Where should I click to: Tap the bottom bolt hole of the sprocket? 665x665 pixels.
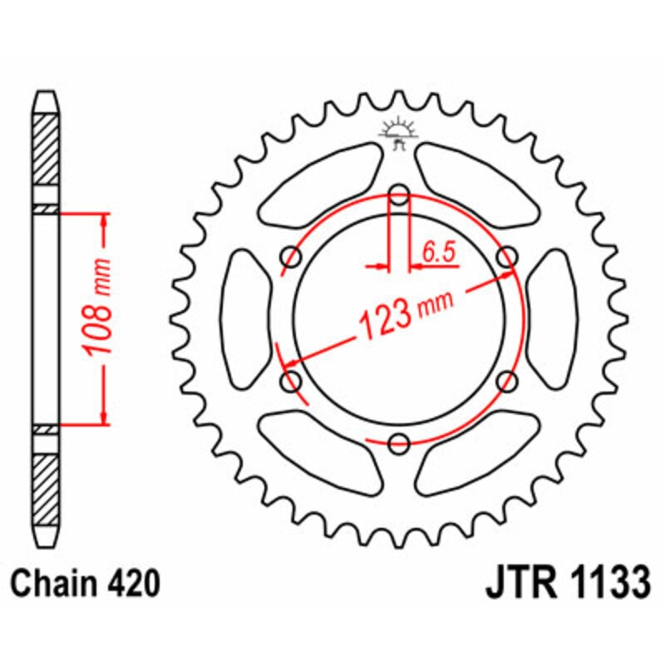click(400, 442)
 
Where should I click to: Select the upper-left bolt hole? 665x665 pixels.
click(293, 258)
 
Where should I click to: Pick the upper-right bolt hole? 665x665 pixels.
click(506, 258)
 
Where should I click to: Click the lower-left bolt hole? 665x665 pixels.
click(293, 382)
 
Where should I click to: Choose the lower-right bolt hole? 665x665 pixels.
click(506, 382)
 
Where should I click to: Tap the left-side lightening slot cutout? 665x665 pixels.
click(249, 319)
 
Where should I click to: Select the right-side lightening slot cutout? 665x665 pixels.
click(551, 319)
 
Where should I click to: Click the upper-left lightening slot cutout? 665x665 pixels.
click(321, 187)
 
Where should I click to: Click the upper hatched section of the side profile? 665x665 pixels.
click(46, 150)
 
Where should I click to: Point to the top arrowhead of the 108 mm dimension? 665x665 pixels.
click(103, 221)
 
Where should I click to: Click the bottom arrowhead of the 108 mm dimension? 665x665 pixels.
click(103, 416)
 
